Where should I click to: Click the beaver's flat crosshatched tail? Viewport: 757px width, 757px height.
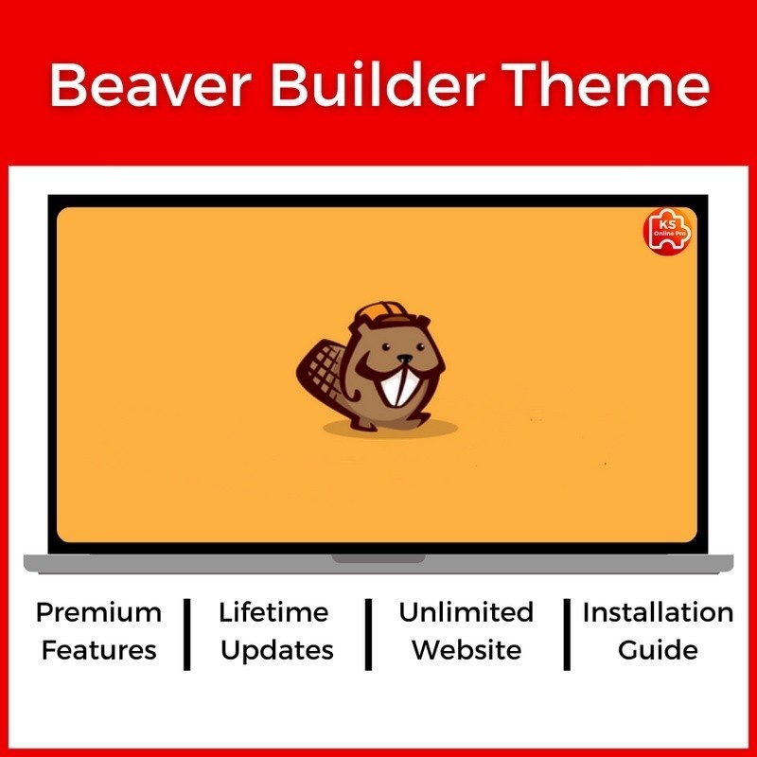pyautogui.click(x=318, y=374)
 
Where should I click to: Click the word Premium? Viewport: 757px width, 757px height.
pyautogui.click(x=98, y=612)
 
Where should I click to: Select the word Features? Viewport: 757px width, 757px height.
pyautogui.click(x=98, y=650)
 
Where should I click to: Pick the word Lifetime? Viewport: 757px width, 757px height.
pyautogui.click(x=275, y=612)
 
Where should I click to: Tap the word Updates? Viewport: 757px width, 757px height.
pyautogui.click(x=275, y=651)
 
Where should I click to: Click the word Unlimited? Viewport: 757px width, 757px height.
pyautogui.click(x=466, y=612)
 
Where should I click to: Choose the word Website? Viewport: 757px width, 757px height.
pyautogui.click(x=466, y=650)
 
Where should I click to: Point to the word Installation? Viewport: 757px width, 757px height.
pyautogui.click(x=658, y=612)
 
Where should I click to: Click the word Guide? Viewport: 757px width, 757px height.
pyautogui.click(x=658, y=650)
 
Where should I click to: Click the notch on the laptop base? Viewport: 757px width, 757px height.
pyautogui.click(x=378, y=559)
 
